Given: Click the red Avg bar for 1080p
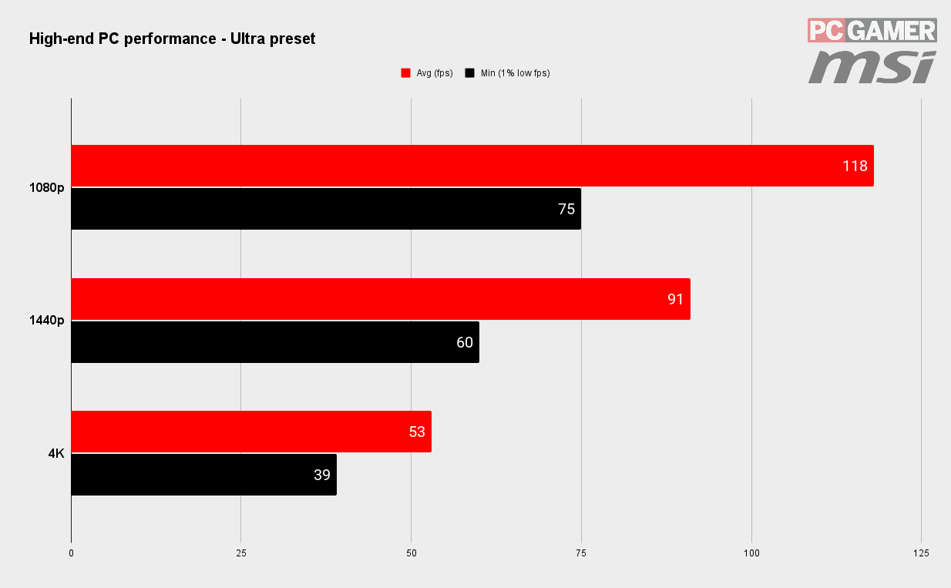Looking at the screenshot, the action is point(472,166).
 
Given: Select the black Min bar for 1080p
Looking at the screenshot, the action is point(326,209).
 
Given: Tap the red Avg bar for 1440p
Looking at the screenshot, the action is point(381,299).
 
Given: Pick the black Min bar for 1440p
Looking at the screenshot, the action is point(275,342).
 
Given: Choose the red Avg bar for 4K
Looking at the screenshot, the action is point(251,432).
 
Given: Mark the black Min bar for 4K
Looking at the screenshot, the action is point(203,475).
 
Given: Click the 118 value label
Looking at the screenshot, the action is point(855,166).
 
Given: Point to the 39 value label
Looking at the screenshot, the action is point(322,475).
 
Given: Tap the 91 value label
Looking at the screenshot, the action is point(675,299).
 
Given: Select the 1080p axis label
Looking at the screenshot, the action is point(47,187).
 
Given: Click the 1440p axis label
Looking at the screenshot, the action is point(47,320).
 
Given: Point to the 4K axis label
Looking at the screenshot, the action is point(56,453).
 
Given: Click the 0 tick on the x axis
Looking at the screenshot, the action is point(72,553).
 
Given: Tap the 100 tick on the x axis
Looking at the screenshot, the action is point(751,553).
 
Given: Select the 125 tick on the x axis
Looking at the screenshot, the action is point(921,553).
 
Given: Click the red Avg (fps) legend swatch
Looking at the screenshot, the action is point(405,73).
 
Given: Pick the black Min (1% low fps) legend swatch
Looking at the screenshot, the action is point(469,73).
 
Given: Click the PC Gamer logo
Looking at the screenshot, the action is point(872,30).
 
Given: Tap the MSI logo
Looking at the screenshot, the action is point(872,66).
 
